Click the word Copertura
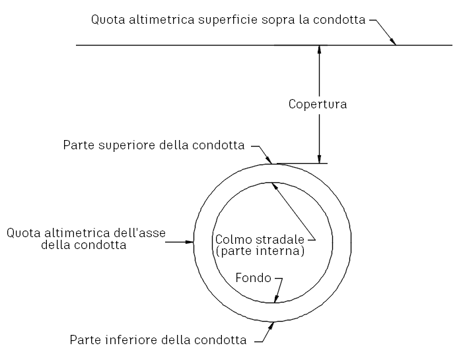pyautogui.click(x=318, y=104)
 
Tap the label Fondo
pyautogui.click(x=254, y=278)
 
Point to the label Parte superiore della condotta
pyautogui.click(x=154, y=145)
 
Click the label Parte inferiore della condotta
pyautogui.click(x=158, y=340)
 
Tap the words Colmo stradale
pyautogui.click(x=260, y=239)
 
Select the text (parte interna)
pyautogui.click(x=260, y=251)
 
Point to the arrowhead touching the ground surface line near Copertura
pyautogui.click(x=319, y=50)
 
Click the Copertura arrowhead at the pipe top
pyautogui.click(x=319, y=159)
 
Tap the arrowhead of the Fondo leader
pyautogui.click(x=276, y=299)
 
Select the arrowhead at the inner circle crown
pyautogui.click(x=275, y=186)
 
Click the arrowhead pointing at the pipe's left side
pyautogui.click(x=190, y=242)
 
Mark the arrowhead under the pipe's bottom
pyautogui.click(x=271, y=326)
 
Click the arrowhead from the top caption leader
pyautogui.click(x=393, y=42)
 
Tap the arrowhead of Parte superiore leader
pyautogui.click(x=269, y=160)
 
